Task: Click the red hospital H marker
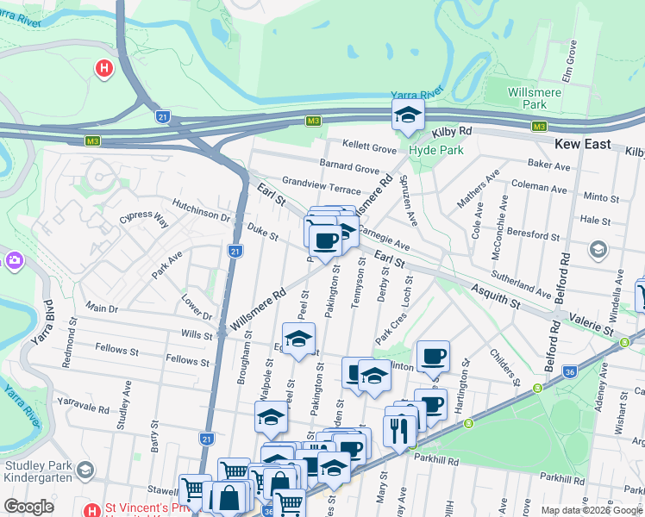[104, 67]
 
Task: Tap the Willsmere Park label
[523, 97]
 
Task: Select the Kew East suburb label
[583, 145]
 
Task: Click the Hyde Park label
[435, 150]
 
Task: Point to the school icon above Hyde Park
[407, 114]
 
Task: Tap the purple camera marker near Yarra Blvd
[14, 259]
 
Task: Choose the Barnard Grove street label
[349, 168]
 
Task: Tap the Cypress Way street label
[144, 218]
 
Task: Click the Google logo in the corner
[29, 506]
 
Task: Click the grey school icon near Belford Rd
[598, 249]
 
